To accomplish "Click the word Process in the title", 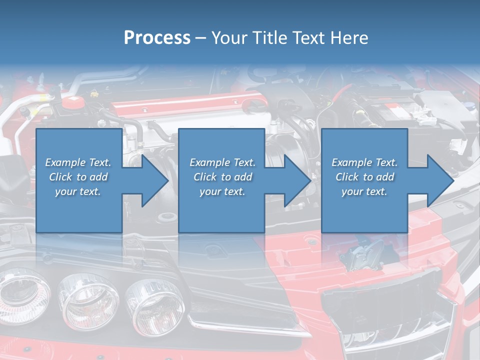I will (157, 37).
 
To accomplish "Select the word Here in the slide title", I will (348, 37).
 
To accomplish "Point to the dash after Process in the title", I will (201, 38).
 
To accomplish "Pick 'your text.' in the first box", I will (78, 191).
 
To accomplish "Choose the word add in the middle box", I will (243, 176).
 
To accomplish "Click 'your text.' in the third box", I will (364, 191).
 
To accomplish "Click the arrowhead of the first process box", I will (154, 180).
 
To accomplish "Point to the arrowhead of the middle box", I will (297, 180).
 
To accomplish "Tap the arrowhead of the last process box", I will (440, 180).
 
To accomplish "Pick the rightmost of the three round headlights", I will (148, 306).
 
